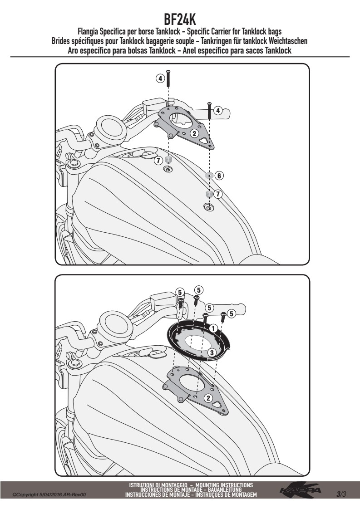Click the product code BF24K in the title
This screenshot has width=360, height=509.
(180, 19)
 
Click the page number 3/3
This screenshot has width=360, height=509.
(341, 494)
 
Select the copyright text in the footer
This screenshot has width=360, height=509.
(49, 495)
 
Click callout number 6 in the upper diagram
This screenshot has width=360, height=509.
(219, 176)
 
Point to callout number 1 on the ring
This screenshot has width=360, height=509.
(213, 328)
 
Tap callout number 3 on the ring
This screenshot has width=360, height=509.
(211, 352)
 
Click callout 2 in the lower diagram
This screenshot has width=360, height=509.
(208, 398)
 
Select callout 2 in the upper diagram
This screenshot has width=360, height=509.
(194, 133)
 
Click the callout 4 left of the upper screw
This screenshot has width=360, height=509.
(160, 78)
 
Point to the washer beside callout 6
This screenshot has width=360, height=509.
(209, 175)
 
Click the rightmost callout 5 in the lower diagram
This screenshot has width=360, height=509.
(231, 313)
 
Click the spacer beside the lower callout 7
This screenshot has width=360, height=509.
(209, 194)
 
